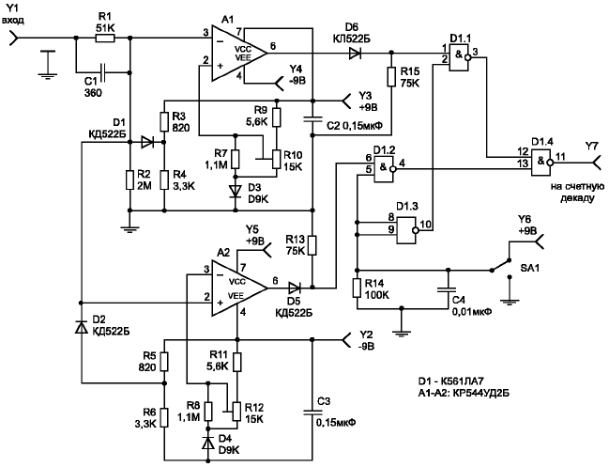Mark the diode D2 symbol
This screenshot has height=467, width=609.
(82, 325)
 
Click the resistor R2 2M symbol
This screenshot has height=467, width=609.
(129, 181)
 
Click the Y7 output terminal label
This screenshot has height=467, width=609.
(590, 145)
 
